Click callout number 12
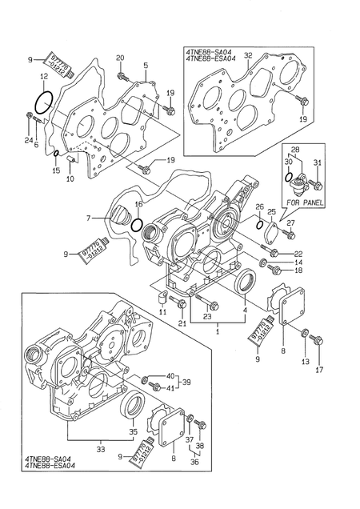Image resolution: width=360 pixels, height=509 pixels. [x=44, y=76]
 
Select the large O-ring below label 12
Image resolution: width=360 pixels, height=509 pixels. [x=45, y=103]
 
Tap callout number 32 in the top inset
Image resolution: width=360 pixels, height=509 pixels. [x=249, y=56]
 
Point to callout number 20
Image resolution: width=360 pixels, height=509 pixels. [x=120, y=58]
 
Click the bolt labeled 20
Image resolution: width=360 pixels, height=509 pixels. [x=121, y=76]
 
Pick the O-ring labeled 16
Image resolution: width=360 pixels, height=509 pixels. [x=138, y=226]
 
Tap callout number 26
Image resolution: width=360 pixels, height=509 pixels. [x=261, y=208]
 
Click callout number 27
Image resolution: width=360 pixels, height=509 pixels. [x=291, y=223]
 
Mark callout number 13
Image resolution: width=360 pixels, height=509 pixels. [x=305, y=363]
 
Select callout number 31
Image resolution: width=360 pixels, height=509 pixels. [x=317, y=163]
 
